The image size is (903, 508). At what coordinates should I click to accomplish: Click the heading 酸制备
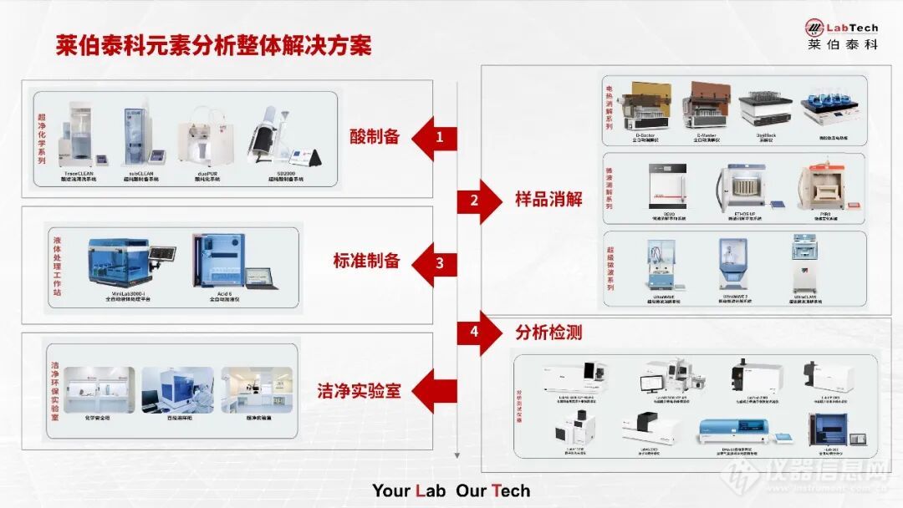coord(375,137)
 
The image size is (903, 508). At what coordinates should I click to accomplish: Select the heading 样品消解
coord(548,200)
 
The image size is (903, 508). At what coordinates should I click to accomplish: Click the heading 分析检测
coord(548,333)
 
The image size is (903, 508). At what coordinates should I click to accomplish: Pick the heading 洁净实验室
coord(359,390)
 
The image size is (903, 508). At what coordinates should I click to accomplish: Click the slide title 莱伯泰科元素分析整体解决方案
coord(213,45)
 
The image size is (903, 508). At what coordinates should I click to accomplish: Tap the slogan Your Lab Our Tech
coord(451,490)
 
